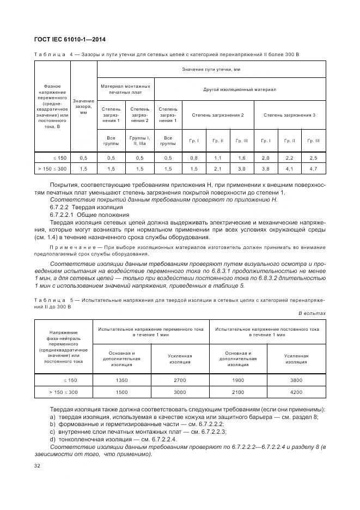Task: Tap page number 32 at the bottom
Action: [38, 466]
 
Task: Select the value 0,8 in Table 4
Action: [194, 157]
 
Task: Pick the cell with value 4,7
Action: [313, 169]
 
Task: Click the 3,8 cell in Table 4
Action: [266, 169]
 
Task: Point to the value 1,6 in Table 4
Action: [241, 157]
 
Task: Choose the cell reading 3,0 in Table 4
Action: [241, 169]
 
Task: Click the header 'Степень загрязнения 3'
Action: [289, 115]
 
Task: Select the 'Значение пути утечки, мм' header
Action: [211, 69]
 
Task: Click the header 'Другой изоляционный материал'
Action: [240, 88]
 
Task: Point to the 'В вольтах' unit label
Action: [312, 313]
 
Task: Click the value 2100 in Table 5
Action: [238, 392]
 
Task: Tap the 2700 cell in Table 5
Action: [180, 381]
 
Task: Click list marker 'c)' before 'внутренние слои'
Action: [53, 431]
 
